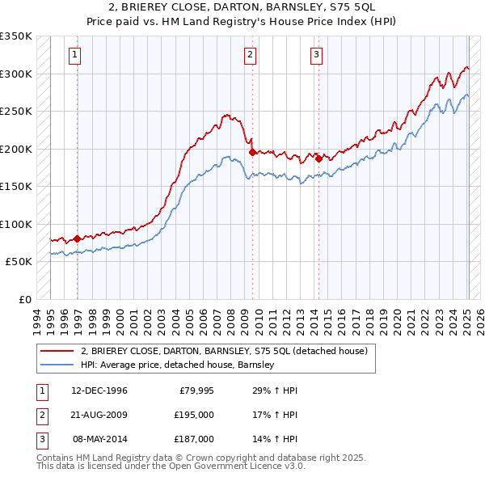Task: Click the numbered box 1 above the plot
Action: pos(74,55)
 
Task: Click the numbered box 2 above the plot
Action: pos(250,55)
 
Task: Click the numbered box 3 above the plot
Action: pos(315,55)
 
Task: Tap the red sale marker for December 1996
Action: pos(78,238)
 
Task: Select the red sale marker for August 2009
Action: pos(252,152)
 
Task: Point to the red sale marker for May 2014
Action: pos(318,158)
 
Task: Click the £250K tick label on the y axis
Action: pos(16,111)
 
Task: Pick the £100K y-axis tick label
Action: pos(16,224)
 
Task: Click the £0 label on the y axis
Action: pos(24,299)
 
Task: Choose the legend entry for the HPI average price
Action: pos(178,365)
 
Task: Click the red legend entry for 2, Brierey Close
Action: pos(224,351)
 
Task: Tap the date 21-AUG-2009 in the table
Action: pos(99,415)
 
